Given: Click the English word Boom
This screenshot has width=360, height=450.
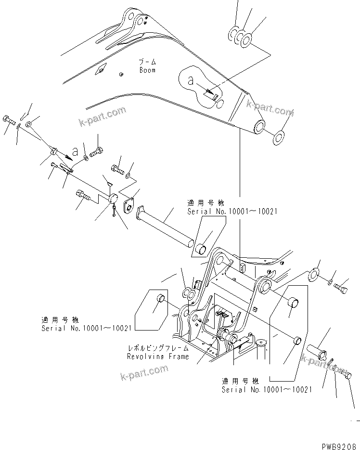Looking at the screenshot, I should [x=147, y=70].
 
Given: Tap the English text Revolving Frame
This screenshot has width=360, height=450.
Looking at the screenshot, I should [x=157, y=357].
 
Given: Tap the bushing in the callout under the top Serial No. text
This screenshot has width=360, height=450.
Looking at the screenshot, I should [x=201, y=249].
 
